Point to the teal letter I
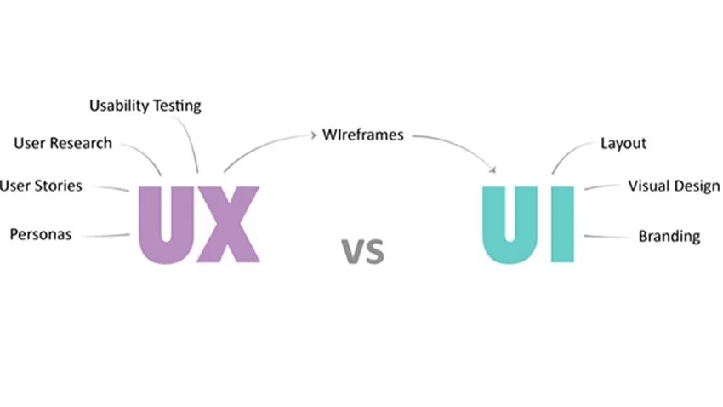(561, 224)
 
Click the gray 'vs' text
(363, 250)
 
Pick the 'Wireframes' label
(363, 135)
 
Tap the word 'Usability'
(118, 106)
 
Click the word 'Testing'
(176, 106)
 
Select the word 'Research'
(81, 143)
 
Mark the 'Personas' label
(41, 234)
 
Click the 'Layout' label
(623, 143)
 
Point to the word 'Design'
(698, 186)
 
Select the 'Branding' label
(669, 236)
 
